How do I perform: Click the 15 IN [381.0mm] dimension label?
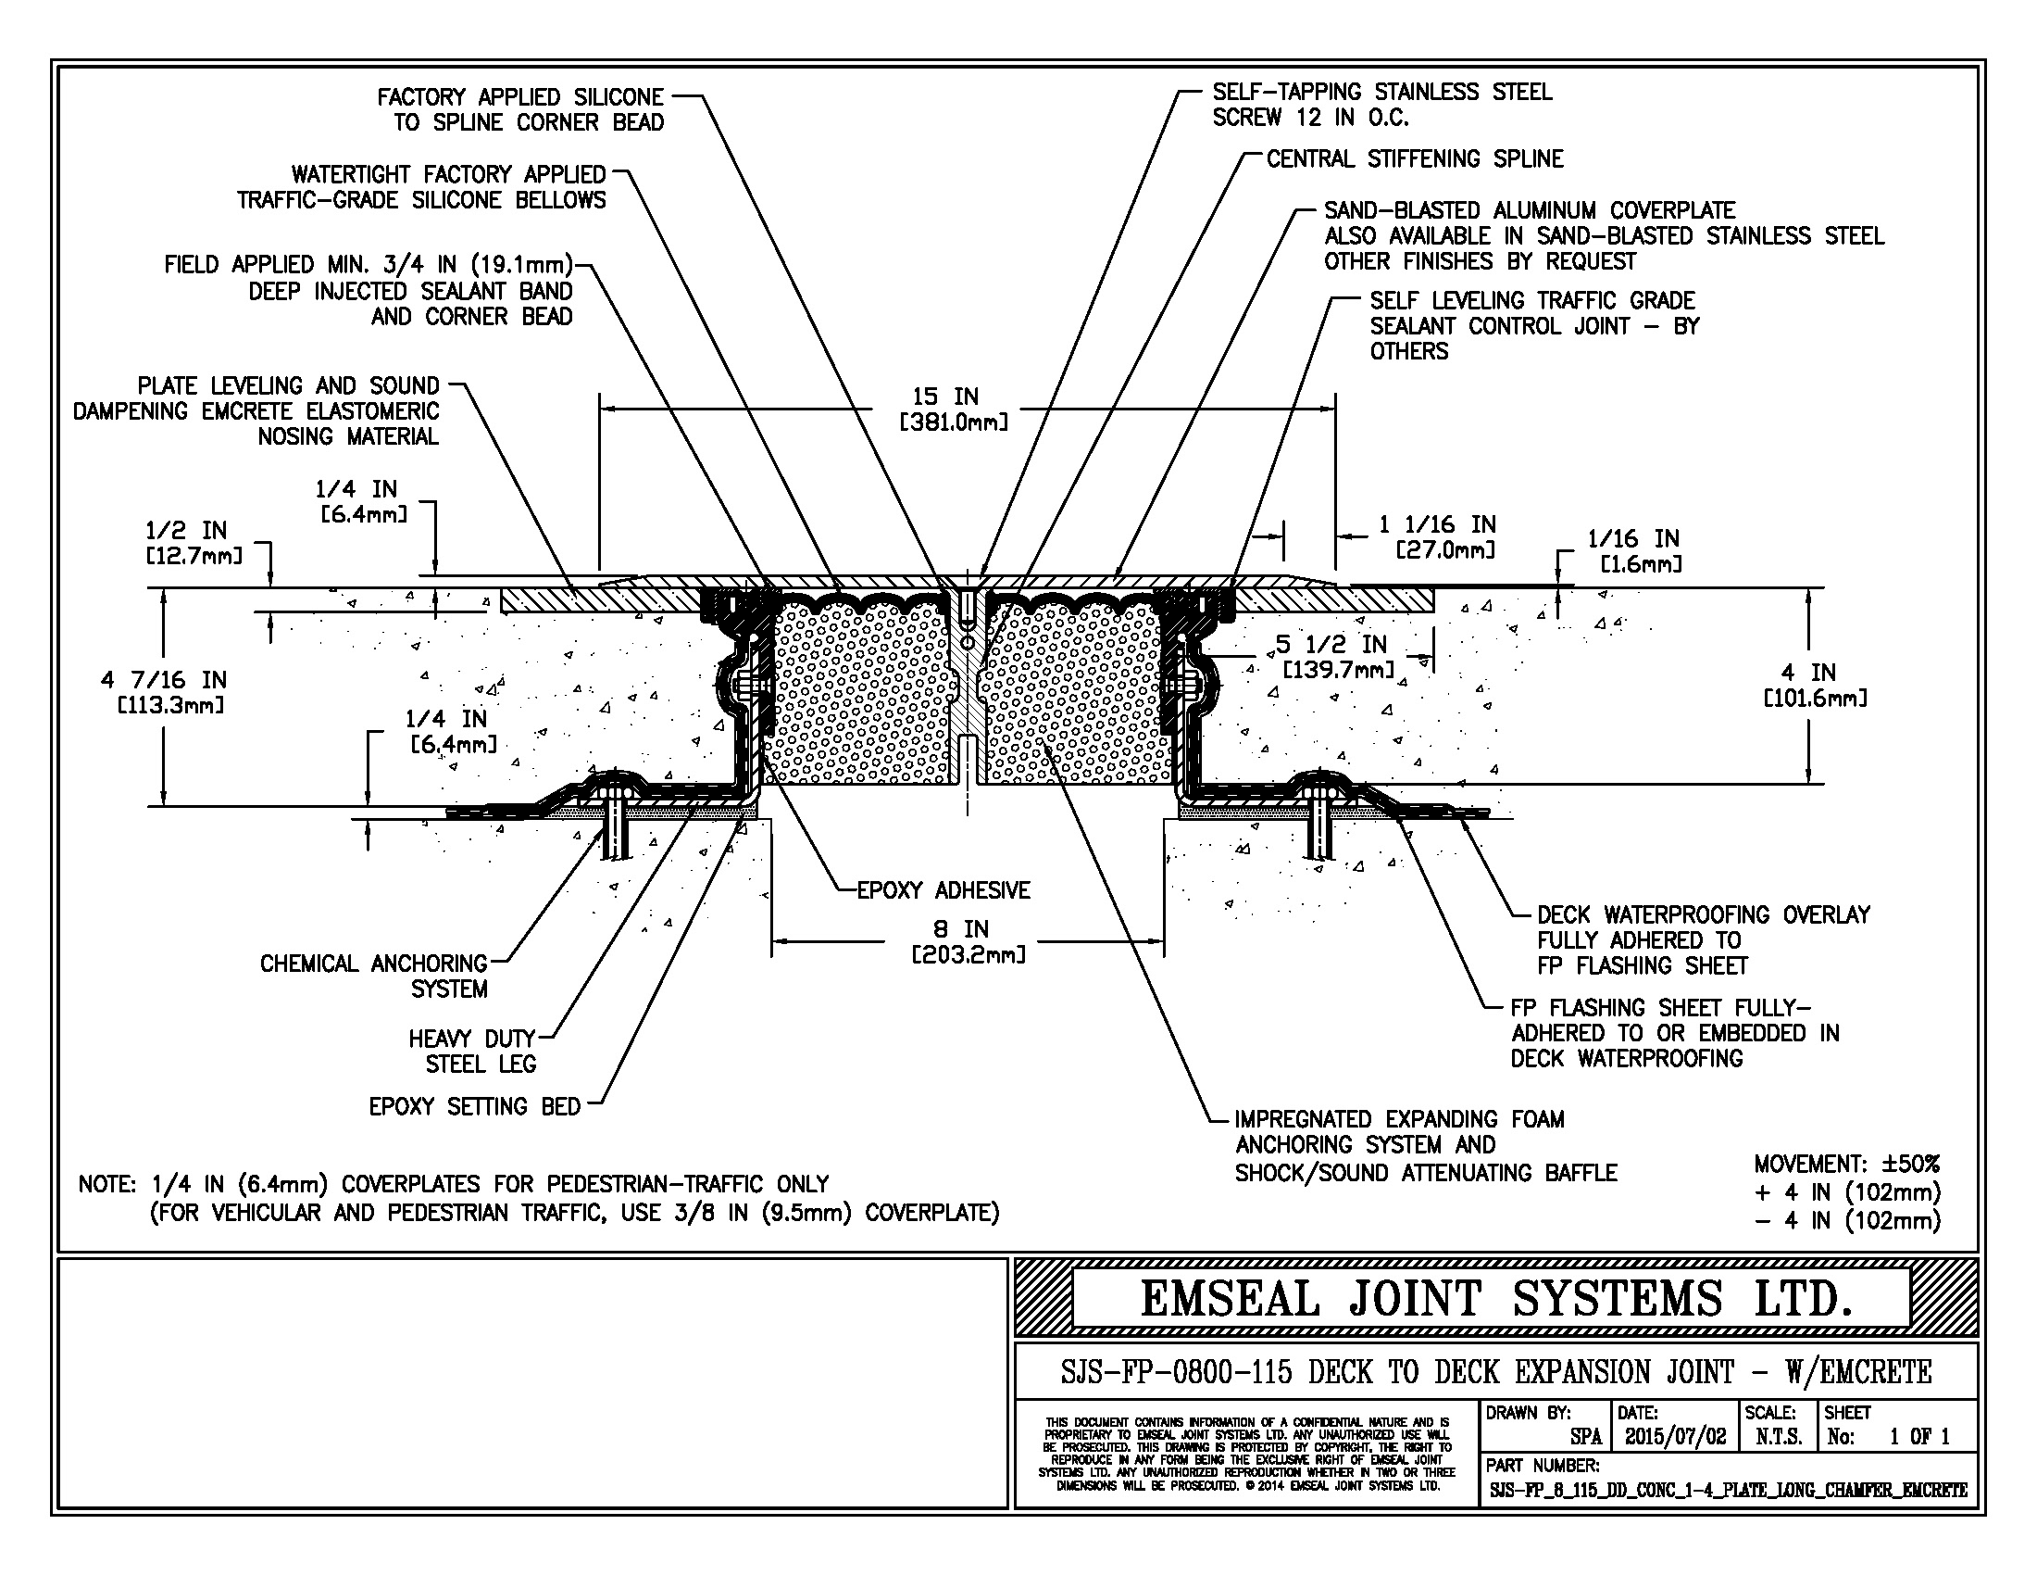click(x=952, y=409)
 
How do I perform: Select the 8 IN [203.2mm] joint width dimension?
click(x=968, y=941)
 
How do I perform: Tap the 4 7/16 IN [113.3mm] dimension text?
click(x=164, y=691)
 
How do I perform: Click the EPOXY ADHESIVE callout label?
click(x=943, y=890)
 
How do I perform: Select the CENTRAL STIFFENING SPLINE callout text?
click(x=1414, y=159)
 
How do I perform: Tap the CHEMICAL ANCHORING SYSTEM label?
click(x=374, y=975)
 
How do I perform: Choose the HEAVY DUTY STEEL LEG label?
click(x=472, y=1051)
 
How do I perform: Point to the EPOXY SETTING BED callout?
click(x=474, y=1106)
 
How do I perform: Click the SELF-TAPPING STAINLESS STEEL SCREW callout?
click(x=1381, y=105)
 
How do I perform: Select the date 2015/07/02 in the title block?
click(x=1675, y=1436)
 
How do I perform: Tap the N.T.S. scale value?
click(x=1778, y=1436)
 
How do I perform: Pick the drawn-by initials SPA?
click(x=1584, y=1437)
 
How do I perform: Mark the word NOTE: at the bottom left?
click(x=108, y=1184)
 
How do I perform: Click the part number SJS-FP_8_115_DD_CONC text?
click(x=1728, y=1490)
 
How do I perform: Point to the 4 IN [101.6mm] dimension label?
click(x=1814, y=685)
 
